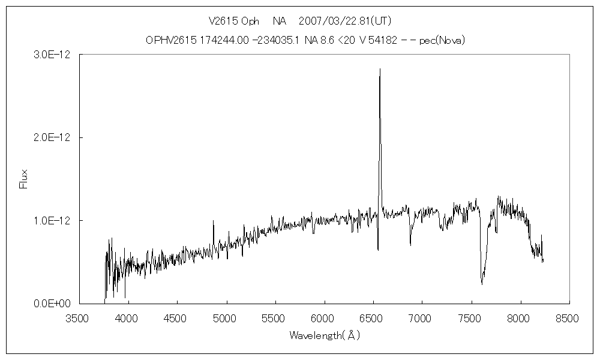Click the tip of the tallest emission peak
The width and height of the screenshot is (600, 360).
380,69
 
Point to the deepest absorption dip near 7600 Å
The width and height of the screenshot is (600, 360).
482,283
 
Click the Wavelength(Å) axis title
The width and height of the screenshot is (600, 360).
325,335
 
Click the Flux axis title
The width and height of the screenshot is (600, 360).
24,179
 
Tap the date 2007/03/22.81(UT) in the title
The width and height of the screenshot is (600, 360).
345,21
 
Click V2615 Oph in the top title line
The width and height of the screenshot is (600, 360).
234,21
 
